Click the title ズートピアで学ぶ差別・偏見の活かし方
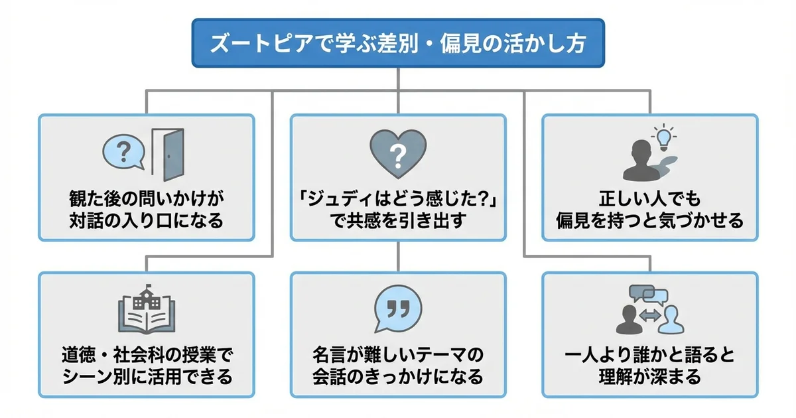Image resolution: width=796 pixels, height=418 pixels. click(398, 43)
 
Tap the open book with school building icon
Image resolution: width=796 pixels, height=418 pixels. click(146, 311)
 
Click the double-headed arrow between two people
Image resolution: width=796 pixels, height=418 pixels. click(650, 316)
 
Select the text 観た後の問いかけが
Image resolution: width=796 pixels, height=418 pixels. click(146, 198)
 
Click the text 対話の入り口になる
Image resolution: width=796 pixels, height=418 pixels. click(146, 220)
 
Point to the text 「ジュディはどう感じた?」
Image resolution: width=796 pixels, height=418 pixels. click(398, 198)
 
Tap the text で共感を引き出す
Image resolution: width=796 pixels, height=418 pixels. click(398, 220)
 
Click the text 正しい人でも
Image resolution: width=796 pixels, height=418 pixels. click(650, 198)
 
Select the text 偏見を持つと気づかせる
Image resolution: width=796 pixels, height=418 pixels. click(650, 220)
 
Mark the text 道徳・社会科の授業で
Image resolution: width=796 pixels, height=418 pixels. click(146, 356)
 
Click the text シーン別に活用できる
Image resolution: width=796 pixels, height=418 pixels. click(146, 378)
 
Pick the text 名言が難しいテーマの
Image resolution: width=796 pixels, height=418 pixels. click(398, 356)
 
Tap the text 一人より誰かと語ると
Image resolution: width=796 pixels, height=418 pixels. click(650, 356)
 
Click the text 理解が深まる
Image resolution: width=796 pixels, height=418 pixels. click(650, 378)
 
